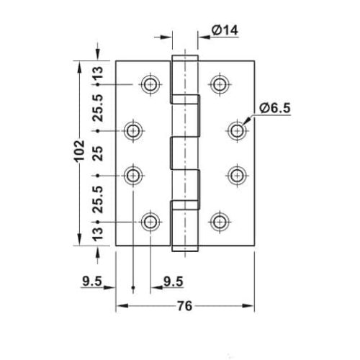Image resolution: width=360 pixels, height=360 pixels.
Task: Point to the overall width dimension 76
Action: click(185, 307)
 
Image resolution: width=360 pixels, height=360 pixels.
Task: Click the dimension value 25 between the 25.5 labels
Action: click(100, 152)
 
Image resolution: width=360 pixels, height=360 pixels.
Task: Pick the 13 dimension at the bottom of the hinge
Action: click(99, 233)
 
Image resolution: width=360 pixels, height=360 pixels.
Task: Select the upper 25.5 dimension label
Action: click(100, 107)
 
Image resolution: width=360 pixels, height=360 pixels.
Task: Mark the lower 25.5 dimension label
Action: click(100, 198)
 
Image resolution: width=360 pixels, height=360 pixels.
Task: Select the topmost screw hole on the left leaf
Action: click(150, 84)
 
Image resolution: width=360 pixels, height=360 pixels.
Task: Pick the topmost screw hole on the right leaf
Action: click(220, 84)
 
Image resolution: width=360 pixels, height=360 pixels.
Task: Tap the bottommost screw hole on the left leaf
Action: click(150, 221)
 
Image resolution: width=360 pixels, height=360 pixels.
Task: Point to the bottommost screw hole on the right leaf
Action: click(220, 221)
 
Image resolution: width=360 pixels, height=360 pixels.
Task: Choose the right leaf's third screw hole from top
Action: click(237, 175)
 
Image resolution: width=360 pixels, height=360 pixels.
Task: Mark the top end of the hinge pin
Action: click(184, 55)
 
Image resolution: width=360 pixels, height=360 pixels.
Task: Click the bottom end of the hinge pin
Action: click(184, 250)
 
